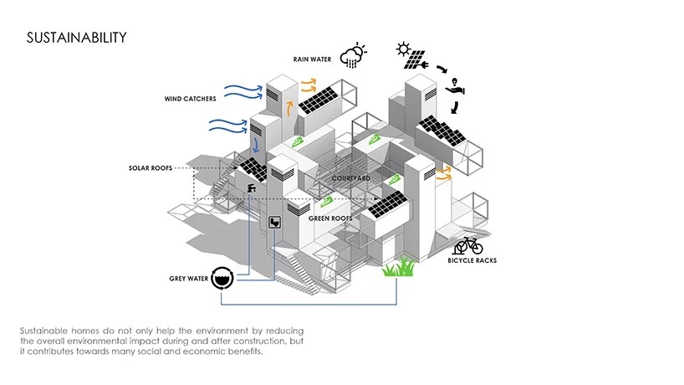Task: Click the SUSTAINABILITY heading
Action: click(x=76, y=38)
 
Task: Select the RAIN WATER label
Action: click(x=312, y=59)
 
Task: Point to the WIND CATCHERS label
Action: click(x=190, y=99)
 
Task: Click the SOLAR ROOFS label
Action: click(x=150, y=168)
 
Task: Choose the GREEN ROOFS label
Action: click(x=330, y=218)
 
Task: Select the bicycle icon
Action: click(x=468, y=245)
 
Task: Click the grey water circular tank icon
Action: click(x=222, y=277)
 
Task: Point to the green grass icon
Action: click(x=399, y=268)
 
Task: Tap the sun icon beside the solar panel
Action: click(x=403, y=49)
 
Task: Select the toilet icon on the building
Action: click(x=274, y=222)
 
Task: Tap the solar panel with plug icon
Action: click(x=416, y=61)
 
